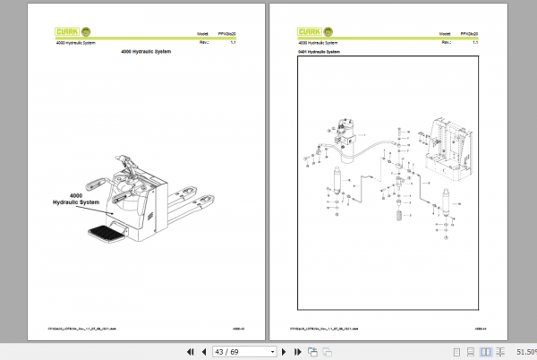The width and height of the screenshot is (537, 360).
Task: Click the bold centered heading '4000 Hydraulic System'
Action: pyautogui.click(x=145, y=52)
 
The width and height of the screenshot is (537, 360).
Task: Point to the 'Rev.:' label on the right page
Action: pyautogui.click(x=445, y=41)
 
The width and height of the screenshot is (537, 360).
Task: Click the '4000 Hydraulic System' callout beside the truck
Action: pyautogui.click(x=76, y=199)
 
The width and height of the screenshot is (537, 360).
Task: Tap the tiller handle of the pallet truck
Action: pyautogui.click(x=129, y=167)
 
